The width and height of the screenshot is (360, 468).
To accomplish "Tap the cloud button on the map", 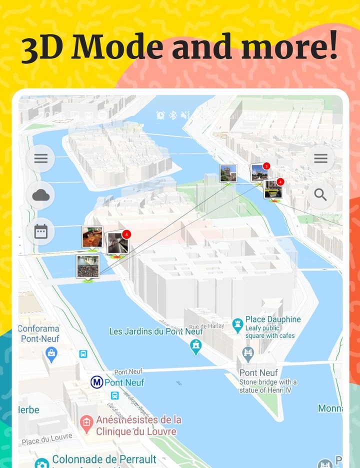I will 40,195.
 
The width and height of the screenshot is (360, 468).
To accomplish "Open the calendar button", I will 40,231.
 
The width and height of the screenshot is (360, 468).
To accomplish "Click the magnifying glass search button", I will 320,195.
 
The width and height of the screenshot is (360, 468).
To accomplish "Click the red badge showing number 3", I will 266,166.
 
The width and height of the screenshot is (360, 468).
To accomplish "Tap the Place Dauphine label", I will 273,319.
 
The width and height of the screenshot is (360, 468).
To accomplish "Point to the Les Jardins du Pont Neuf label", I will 156,331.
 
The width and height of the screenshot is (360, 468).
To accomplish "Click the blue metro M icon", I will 96,382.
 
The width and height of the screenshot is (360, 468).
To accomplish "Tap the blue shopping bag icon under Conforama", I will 51,354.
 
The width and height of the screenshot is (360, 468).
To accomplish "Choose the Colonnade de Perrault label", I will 104,459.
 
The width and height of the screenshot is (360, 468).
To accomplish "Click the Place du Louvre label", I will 46,439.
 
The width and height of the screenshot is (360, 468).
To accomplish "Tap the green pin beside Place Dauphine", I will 237,325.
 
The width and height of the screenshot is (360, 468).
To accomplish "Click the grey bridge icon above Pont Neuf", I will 248,354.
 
